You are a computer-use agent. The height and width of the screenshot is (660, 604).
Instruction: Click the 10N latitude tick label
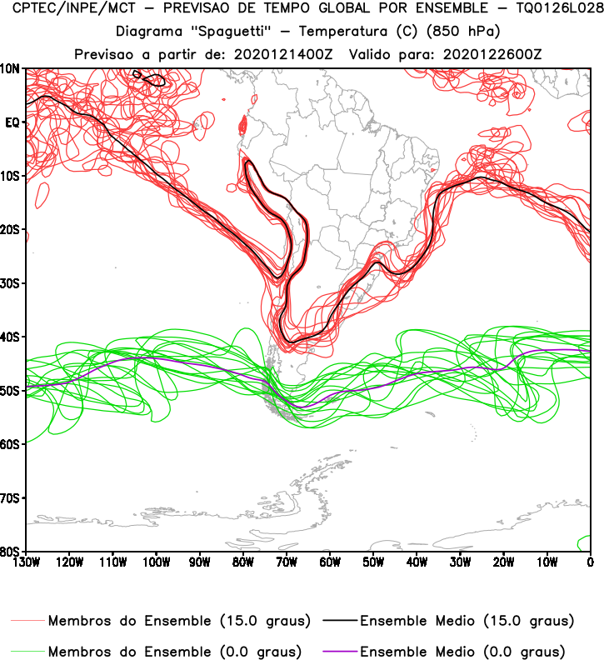11,68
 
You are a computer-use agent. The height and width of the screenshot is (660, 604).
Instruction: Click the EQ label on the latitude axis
12,122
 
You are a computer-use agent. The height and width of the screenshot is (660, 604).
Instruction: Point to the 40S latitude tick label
11,337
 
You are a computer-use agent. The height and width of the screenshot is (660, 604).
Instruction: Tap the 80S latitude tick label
11,552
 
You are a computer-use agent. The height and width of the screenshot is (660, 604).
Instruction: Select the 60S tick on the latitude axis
11,444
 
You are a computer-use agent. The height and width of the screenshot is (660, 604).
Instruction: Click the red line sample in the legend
28,621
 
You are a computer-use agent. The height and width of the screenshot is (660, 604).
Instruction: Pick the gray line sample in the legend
28,651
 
